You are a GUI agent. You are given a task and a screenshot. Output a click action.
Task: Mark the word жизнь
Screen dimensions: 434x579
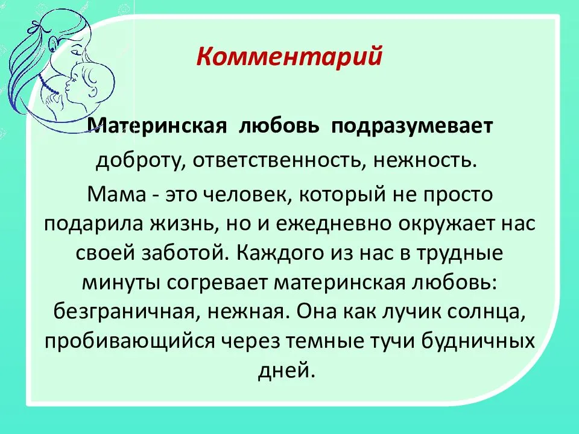tap(183, 224)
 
